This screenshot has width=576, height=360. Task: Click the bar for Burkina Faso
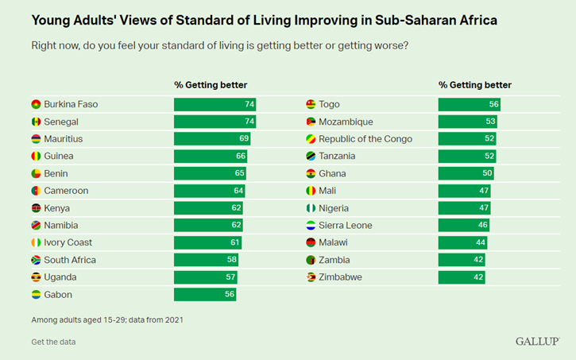(x=215, y=105)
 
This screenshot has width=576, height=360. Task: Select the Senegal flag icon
(x=36, y=122)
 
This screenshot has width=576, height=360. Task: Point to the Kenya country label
(x=56, y=208)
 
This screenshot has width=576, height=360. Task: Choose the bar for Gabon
(x=205, y=295)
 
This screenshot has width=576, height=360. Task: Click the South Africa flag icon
(x=36, y=260)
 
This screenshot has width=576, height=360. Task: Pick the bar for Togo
(x=469, y=105)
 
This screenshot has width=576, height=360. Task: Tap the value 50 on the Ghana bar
(x=487, y=173)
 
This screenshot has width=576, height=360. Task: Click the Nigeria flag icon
(x=311, y=208)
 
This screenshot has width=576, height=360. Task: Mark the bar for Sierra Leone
(x=463, y=226)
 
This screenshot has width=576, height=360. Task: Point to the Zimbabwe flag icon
(x=311, y=277)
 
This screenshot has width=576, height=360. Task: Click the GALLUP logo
(x=536, y=341)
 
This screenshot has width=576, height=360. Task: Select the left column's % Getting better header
(x=211, y=85)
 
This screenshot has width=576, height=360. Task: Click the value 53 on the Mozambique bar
(x=490, y=122)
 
